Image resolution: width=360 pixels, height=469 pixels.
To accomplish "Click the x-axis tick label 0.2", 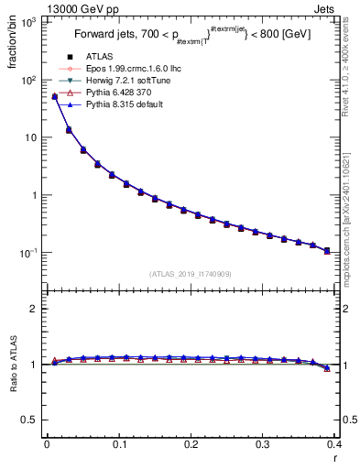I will coord(191,445).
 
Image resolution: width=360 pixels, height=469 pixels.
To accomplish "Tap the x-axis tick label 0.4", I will coord(334,445).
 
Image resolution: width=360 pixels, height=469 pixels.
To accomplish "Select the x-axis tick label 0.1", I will coord(119,445).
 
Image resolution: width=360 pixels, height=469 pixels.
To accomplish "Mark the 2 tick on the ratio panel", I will coord(33,309).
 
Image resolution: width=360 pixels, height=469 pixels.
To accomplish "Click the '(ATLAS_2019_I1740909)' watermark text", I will coord(190,274).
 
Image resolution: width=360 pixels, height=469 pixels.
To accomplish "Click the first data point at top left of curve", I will coord(54,96).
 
